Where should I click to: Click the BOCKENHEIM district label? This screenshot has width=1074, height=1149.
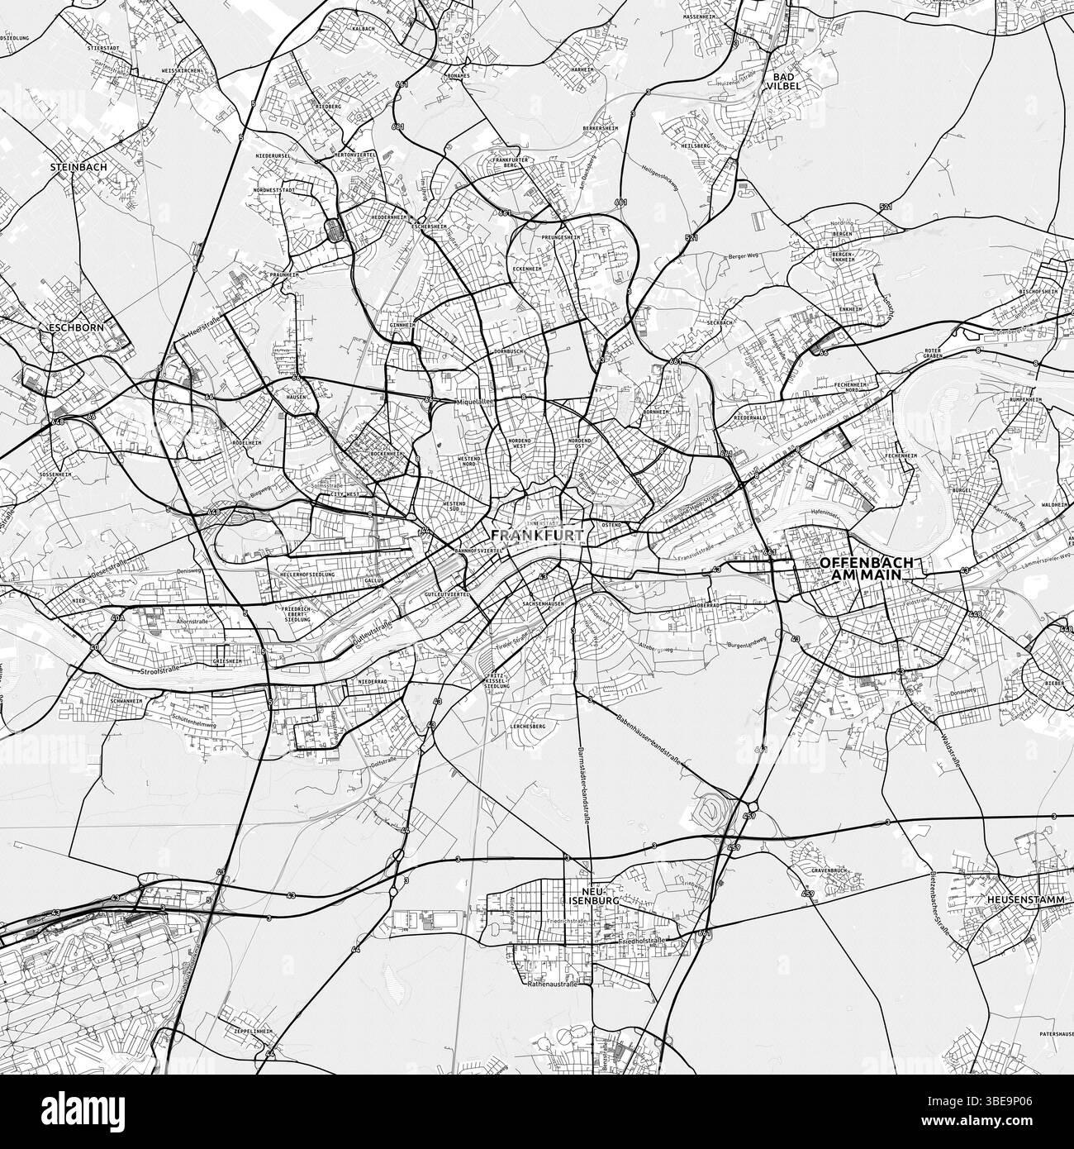pos(386,454)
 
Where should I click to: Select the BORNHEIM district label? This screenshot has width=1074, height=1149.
pos(655,412)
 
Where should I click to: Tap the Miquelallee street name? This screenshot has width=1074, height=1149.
pos(473,403)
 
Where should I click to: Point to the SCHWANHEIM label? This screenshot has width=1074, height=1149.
pos(126,701)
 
